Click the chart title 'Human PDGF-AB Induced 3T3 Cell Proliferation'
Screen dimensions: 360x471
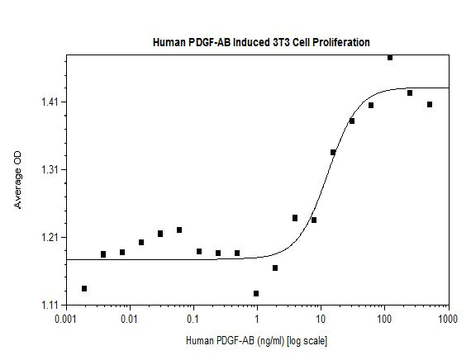point(260,40)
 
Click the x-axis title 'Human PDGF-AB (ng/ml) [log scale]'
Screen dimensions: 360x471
point(257,339)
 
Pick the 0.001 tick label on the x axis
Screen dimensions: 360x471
point(65,318)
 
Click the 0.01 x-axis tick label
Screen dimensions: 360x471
point(129,318)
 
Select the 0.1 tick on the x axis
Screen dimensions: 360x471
point(193,318)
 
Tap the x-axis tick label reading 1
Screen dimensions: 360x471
point(257,318)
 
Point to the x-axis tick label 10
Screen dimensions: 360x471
point(321,318)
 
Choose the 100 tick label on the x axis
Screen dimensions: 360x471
point(384,318)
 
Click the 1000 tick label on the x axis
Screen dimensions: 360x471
point(448,318)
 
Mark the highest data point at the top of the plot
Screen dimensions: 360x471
point(390,57)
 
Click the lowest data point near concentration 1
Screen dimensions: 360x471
point(256,293)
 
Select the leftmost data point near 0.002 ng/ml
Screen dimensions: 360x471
point(84,288)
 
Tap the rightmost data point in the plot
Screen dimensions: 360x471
point(430,104)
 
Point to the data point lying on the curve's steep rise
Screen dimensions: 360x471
point(333,152)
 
